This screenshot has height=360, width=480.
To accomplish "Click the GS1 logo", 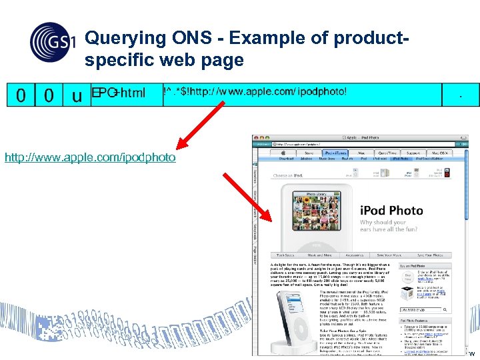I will point(53,41).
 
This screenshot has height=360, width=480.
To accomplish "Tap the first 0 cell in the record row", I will point(21,95).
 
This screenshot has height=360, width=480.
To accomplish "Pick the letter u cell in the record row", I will point(77,95).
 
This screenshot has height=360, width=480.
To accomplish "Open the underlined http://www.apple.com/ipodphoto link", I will point(90,158).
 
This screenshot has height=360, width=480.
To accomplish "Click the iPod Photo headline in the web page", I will point(391,211).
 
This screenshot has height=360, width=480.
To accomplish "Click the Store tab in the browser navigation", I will point(310,153).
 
